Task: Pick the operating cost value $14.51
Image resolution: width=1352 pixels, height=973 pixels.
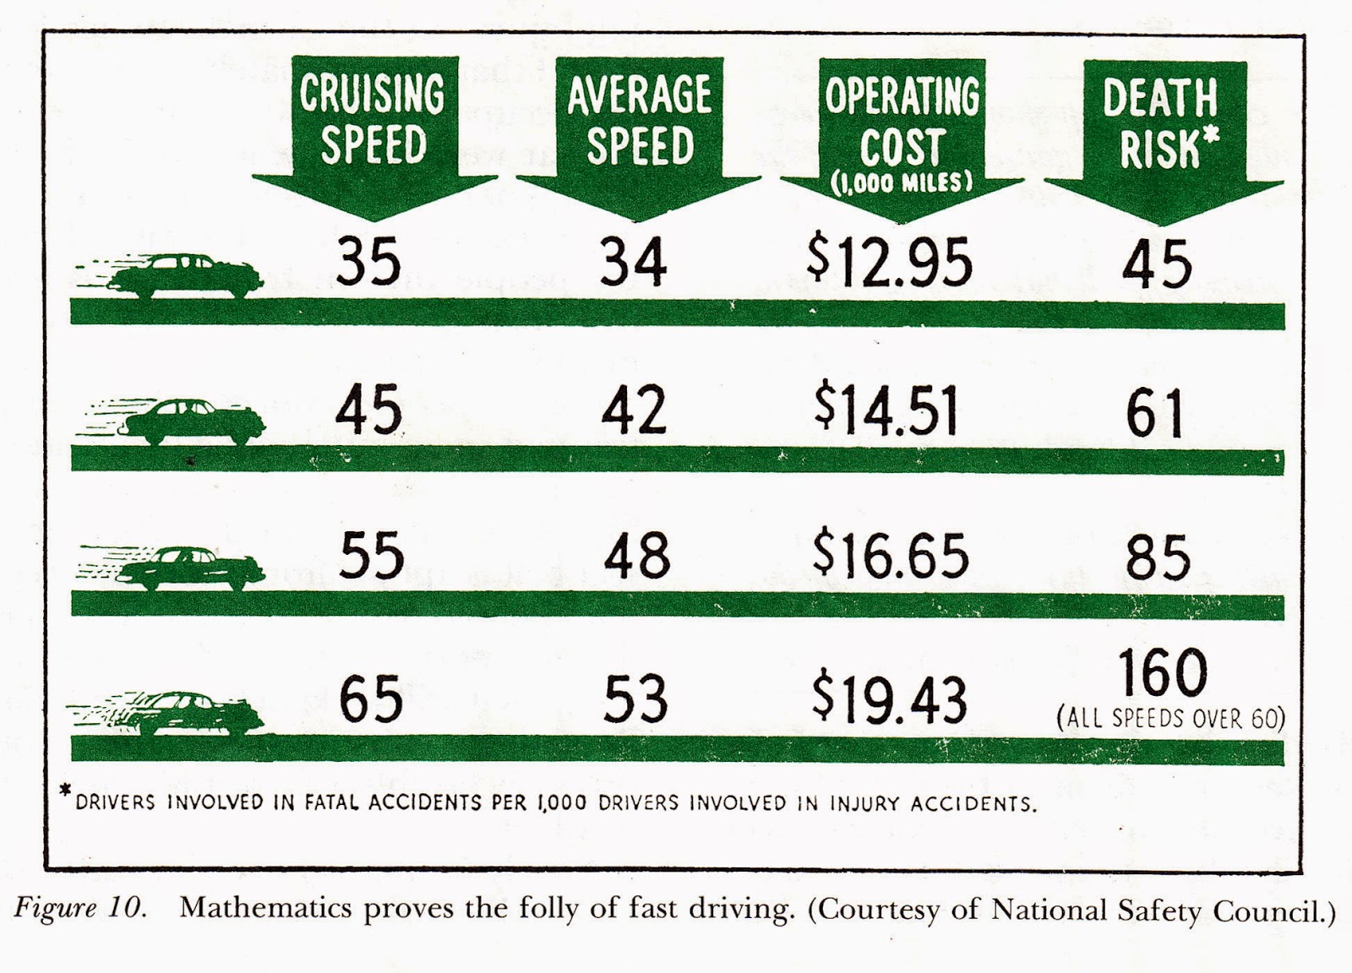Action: point(886,410)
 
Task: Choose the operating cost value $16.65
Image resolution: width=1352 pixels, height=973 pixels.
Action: point(891,555)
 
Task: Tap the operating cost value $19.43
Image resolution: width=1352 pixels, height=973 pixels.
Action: point(889,699)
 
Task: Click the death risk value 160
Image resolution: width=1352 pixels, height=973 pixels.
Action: point(1163,672)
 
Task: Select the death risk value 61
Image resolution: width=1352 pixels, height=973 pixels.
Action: point(1154,413)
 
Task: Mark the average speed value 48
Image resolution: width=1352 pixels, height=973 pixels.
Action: point(637,555)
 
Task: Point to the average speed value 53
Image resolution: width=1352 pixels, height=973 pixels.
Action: point(635,699)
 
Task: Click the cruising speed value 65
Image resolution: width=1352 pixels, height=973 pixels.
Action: point(371,698)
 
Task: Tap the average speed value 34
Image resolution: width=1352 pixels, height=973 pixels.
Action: point(633,261)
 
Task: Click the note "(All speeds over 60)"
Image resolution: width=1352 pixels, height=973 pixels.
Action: point(1170,719)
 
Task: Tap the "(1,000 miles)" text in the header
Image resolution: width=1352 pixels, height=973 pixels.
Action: point(902,182)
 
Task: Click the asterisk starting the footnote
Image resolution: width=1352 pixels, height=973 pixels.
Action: point(66,791)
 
